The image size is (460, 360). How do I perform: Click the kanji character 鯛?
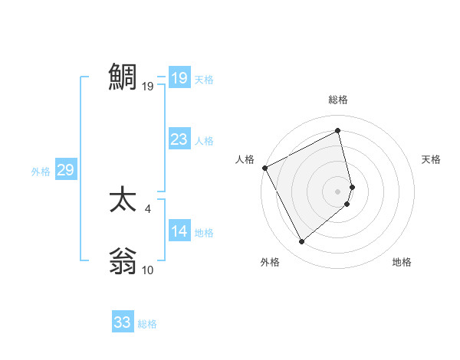tap(123, 77)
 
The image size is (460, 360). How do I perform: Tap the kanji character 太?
tap(123, 201)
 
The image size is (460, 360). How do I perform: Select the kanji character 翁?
tap(123, 262)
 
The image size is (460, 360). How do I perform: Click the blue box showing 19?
tap(179, 78)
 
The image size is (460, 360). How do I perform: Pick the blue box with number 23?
tap(179, 139)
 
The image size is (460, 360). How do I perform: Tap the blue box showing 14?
tap(179, 231)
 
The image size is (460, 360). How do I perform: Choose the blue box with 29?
tap(65, 170)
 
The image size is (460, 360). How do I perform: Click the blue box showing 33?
tap(123, 322)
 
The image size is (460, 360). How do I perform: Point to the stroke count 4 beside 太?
tap(147, 208)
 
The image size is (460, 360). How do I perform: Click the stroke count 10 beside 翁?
tap(148, 270)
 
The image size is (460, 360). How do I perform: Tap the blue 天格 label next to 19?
tap(204, 80)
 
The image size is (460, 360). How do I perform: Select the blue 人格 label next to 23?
tap(204, 141)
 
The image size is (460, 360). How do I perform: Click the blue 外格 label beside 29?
tap(41, 172)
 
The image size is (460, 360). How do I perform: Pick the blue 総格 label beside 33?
tap(147, 324)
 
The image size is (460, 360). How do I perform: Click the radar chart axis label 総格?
tap(338, 100)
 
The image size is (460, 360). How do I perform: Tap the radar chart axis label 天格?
tap(432, 159)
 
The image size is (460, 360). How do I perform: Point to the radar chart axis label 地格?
tap(402, 262)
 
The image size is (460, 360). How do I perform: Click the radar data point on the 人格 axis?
tap(264, 168)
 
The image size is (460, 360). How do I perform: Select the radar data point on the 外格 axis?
tap(301, 242)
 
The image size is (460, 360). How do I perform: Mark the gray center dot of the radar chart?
tap(338, 191)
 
